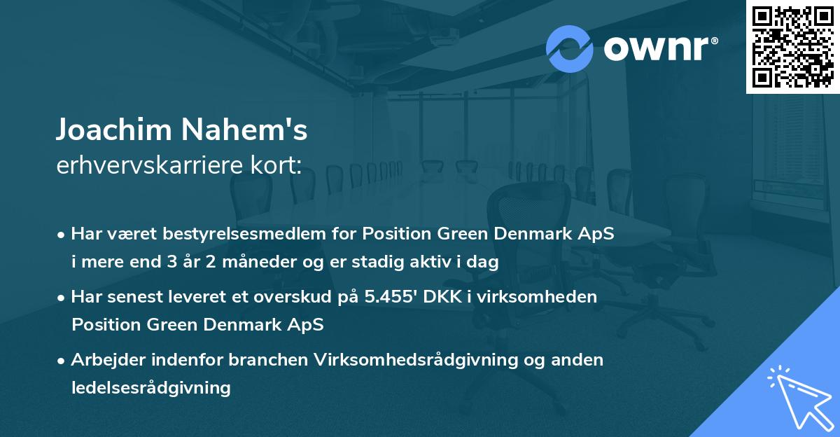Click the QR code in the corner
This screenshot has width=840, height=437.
coord(793,46)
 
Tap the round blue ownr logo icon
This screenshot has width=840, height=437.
coord(569,49)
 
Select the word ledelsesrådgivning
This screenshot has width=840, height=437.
coord(151,387)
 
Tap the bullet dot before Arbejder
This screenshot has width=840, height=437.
coord(63,360)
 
